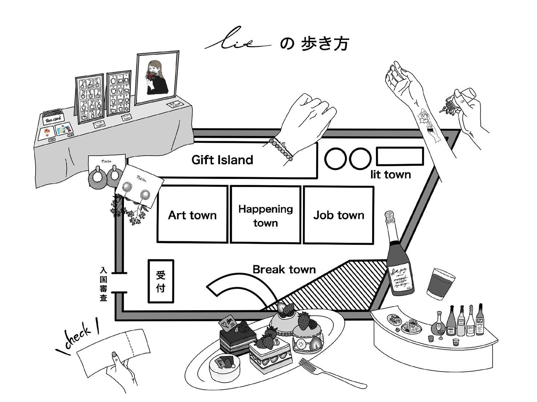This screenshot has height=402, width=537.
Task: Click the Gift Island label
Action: tap(222, 160)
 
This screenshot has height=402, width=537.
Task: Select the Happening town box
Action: tap(266, 215)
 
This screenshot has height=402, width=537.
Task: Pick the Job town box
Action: tap(339, 215)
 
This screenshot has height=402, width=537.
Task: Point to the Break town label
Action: tap(284, 269)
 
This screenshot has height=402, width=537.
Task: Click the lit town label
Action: tap(391, 175)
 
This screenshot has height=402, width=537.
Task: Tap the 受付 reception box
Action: tap(161, 281)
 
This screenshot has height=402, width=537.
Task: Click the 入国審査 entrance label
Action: tap(104, 285)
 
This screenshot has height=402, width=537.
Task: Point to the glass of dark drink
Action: tap(440, 285)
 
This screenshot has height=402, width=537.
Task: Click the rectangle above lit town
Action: tap(400, 156)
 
